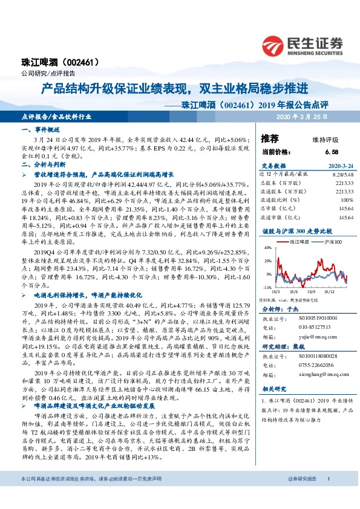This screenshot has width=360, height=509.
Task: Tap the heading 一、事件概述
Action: point(40,130)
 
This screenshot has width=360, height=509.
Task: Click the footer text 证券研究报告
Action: point(302,496)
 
